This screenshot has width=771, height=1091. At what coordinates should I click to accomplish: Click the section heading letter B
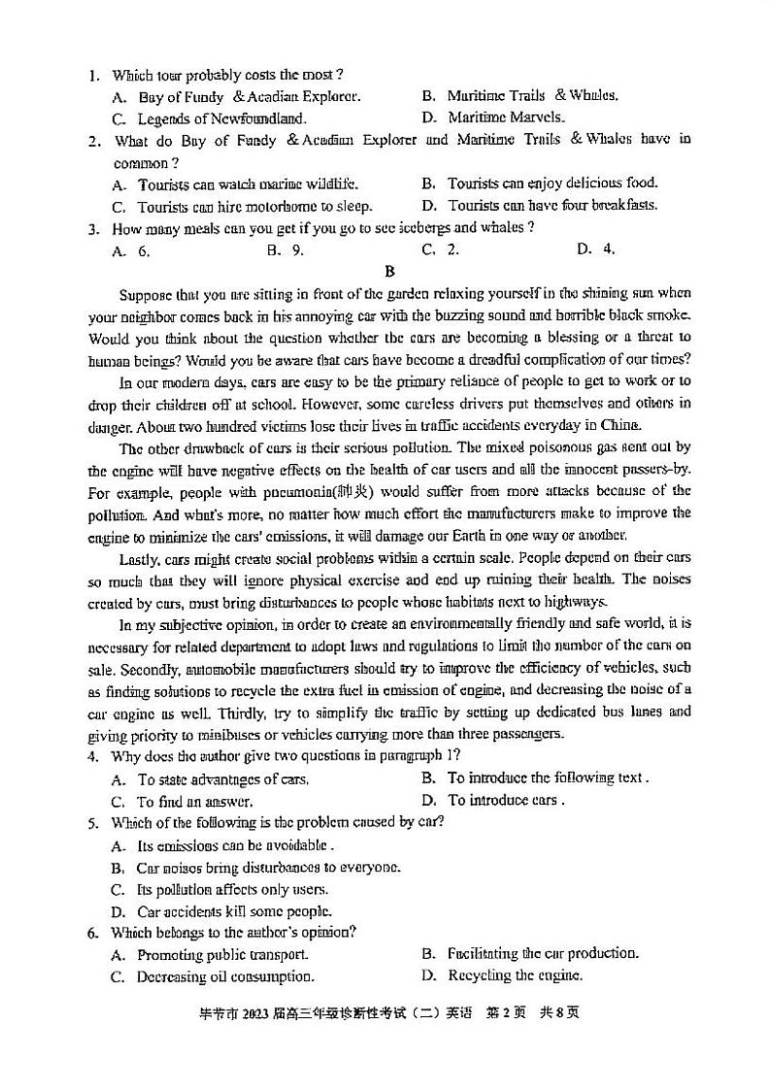click(389, 271)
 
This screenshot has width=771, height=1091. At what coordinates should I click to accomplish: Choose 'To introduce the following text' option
click(547, 778)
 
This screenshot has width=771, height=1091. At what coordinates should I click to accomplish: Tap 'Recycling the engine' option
click(515, 975)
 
